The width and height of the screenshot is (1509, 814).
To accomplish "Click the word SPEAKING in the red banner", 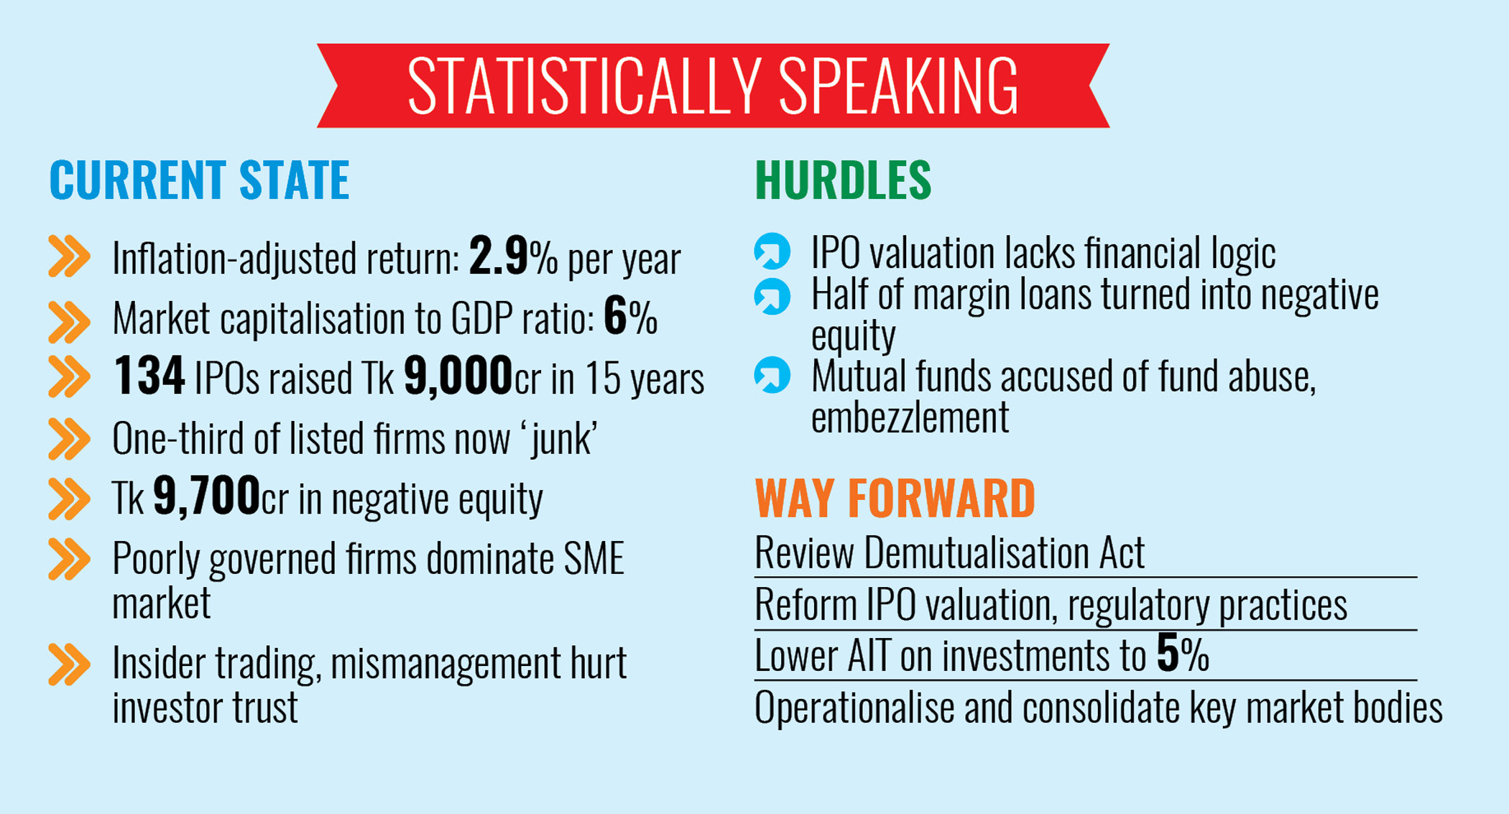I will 898,86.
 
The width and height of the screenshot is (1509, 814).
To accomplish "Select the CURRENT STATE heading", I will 199,180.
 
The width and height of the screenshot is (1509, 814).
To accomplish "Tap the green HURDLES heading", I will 842,180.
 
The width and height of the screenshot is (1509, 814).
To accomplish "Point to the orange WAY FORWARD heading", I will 894,498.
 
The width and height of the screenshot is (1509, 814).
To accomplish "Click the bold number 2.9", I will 498,256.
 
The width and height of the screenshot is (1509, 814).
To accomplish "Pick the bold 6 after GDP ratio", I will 615,316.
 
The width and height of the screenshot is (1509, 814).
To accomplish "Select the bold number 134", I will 149,376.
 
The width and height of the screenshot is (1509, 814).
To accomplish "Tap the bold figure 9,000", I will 458,376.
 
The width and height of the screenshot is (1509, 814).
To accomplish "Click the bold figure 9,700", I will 206,496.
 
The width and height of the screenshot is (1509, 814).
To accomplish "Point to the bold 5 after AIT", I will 1167,653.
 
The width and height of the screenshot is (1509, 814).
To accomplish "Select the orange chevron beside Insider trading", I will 69,664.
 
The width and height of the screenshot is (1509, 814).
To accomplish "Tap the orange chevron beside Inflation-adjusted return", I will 69,256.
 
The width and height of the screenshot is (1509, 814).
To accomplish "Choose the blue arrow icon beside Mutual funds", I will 772,375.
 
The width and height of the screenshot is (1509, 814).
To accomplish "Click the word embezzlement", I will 910,417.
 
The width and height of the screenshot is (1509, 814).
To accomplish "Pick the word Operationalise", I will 854,708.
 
